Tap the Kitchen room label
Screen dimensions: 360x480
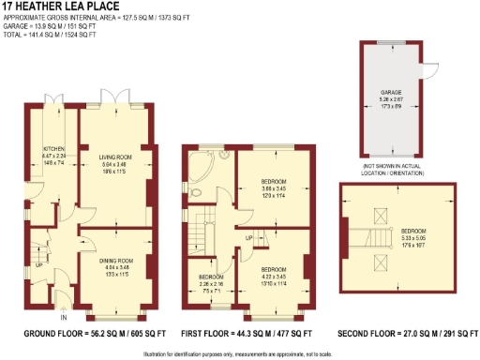[52, 154]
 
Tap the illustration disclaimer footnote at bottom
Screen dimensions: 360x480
[240, 352]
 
